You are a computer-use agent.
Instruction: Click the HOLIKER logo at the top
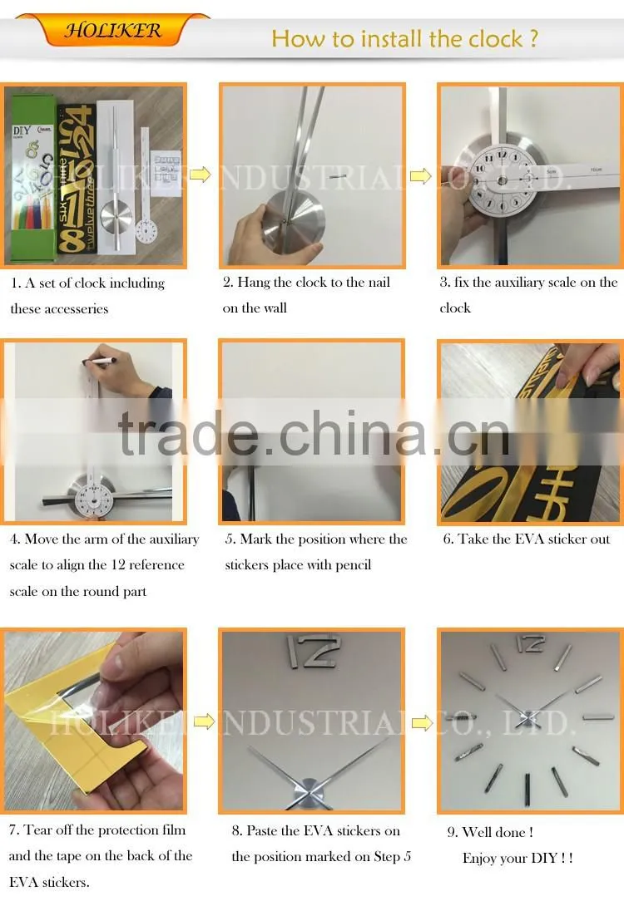[113, 29]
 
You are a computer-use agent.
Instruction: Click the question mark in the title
[533, 38]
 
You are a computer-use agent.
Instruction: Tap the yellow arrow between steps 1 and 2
[201, 174]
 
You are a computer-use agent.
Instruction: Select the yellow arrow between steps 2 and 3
[420, 175]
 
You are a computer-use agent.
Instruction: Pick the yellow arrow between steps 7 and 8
[204, 721]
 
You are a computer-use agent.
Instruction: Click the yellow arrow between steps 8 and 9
[422, 722]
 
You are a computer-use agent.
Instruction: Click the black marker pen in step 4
[99, 361]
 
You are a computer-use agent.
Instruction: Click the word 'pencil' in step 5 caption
[354, 564]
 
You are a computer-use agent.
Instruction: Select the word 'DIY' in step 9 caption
[543, 858]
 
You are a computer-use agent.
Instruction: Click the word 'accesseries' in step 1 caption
[77, 308]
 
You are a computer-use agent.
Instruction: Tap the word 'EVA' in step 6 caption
[529, 539]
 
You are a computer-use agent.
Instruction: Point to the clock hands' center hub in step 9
[527, 719]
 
